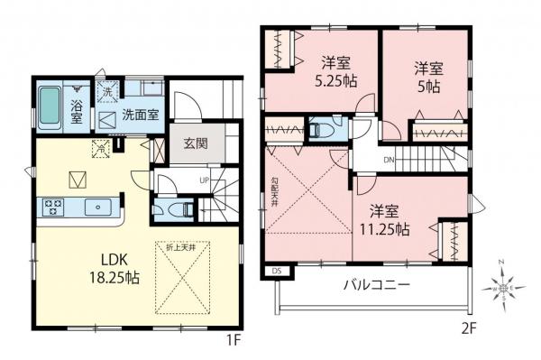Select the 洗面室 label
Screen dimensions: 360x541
[x=141, y=116]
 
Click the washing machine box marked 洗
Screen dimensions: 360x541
[x=106, y=90]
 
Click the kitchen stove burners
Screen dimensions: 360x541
[x=50, y=207]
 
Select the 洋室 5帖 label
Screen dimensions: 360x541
[x=428, y=75]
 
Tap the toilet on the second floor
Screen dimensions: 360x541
[x=318, y=130]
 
